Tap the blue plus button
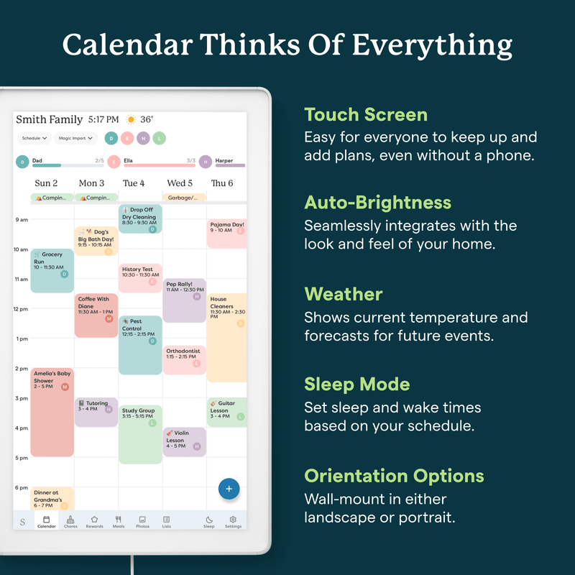click(229, 489)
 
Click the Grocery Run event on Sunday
click(52, 270)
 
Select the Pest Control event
click(140, 345)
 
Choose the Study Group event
click(140, 434)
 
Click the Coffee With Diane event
click(96, 315)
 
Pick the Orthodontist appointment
click(184, 359)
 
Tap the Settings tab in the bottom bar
click(233, 521)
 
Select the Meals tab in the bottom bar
click(119, 521)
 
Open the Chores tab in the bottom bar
click(70, 521)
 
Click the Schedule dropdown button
click(34, 138)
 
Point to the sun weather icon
click(132, 119)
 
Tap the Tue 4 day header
click(134, 183)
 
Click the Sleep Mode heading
click(356, 384)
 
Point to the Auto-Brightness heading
click(377, 202)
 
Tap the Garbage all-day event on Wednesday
click(184, 198)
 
